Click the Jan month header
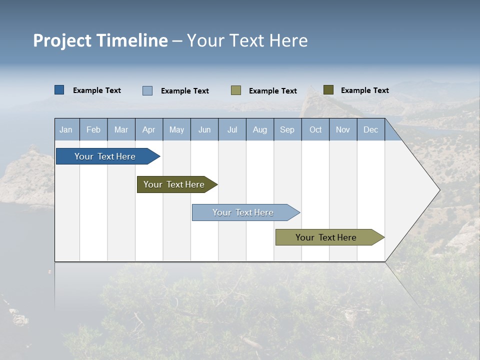66,130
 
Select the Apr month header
149,130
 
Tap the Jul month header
232,130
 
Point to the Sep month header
287,130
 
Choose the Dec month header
370,130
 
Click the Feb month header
93,130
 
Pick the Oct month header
315,130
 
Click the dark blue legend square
59,90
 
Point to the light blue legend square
147,90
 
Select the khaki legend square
236,90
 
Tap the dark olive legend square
328,90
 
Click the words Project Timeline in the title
100,40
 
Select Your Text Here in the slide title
247,40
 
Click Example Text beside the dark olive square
364,90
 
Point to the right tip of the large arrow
438,190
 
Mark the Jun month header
204,130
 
